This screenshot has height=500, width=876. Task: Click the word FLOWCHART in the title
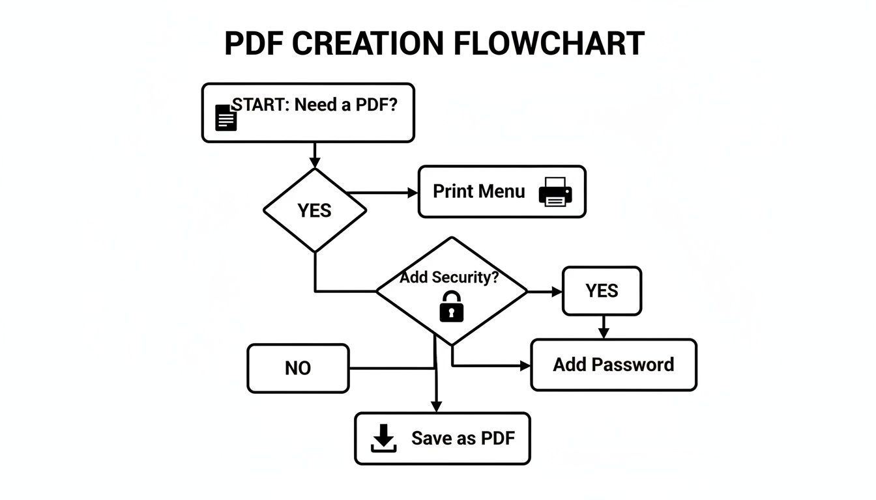coord(547,44)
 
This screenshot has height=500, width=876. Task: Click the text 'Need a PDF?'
coord(345,105)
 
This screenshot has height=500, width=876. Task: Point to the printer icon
coord(555,191)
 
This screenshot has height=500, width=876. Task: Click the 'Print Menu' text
coord(478,191)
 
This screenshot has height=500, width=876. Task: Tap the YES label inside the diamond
coord(314,211)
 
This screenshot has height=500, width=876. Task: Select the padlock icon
coord(451,306)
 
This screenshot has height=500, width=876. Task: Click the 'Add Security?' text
coord(449,277)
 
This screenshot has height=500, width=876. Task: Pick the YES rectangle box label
coord(602,291)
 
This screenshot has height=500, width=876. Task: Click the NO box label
coord(298,368)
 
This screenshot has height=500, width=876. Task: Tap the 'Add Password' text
coord(613,365)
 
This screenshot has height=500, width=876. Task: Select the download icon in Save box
coord(383,438)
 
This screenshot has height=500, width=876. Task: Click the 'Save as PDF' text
coord(463,438)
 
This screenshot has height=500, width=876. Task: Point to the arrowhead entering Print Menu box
coord(412,193)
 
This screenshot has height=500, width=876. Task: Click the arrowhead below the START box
coord(315,163)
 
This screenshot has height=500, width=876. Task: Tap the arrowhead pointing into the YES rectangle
coord(557,292)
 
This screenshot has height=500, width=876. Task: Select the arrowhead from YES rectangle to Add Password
coord(604,333)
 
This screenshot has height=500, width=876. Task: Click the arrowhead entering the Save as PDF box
coord(436,406)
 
